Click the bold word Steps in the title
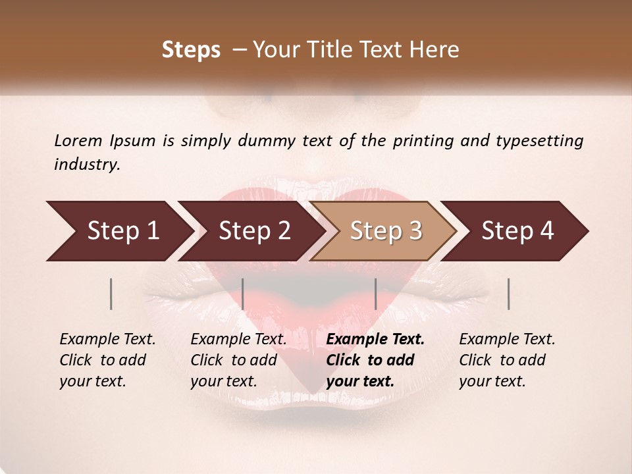191,50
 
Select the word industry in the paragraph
86,165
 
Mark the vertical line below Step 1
111,294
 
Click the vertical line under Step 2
243,294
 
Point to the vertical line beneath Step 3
375,294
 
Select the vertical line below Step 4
508,294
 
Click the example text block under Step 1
107,360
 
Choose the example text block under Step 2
238,360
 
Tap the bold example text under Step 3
375,360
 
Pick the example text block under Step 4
507,360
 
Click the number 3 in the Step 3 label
415,231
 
